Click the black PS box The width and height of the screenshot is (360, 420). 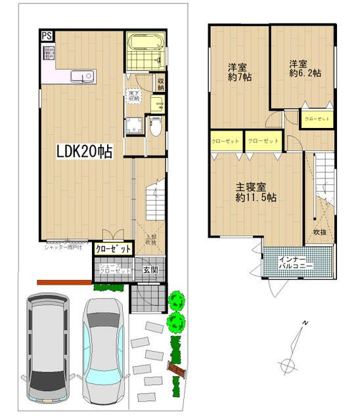(47, 37)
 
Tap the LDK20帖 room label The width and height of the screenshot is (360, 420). (84, 152)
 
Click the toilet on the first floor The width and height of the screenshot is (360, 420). (155, 126)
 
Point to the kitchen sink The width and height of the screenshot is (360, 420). (83, 77)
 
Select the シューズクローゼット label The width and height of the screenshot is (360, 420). (114, 269)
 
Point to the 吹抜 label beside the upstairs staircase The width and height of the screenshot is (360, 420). (320, 231)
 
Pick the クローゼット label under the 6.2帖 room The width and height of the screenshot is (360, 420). (317, 119)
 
